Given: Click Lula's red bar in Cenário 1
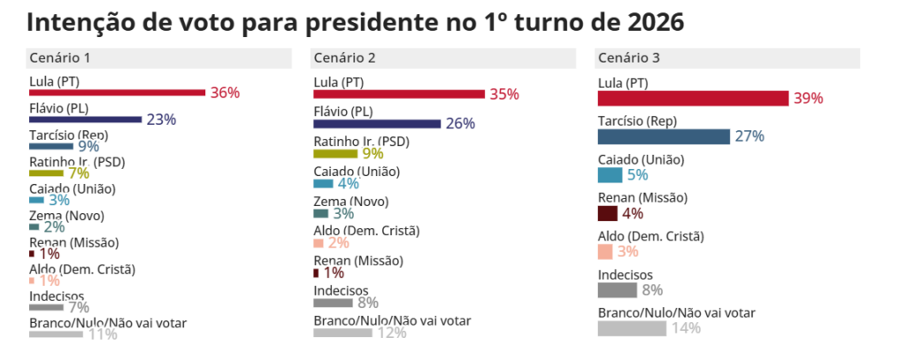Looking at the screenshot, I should click(x=117, y=92).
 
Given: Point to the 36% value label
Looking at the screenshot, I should click(x=225, y=93).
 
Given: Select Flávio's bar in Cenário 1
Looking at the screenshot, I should click(x=85, y=119).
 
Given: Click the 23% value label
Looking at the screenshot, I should click(x=161, y=119).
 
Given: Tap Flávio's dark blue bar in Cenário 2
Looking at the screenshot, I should click(x=377, y=124).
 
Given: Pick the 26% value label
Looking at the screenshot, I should click(x=460, y=124).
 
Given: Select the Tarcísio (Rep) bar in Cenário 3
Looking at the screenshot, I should click(x=664, y=136).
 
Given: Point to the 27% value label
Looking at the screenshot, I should click(x=749, y=136).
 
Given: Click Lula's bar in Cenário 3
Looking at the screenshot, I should click(x=693, y=97).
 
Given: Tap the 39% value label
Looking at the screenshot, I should click(x=808, y=98).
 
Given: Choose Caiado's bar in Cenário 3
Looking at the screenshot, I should click(x=610, y=174).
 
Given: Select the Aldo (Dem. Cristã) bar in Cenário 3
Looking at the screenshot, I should click(x=606, y=251).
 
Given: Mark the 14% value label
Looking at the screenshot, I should click(x=686, y=328).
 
